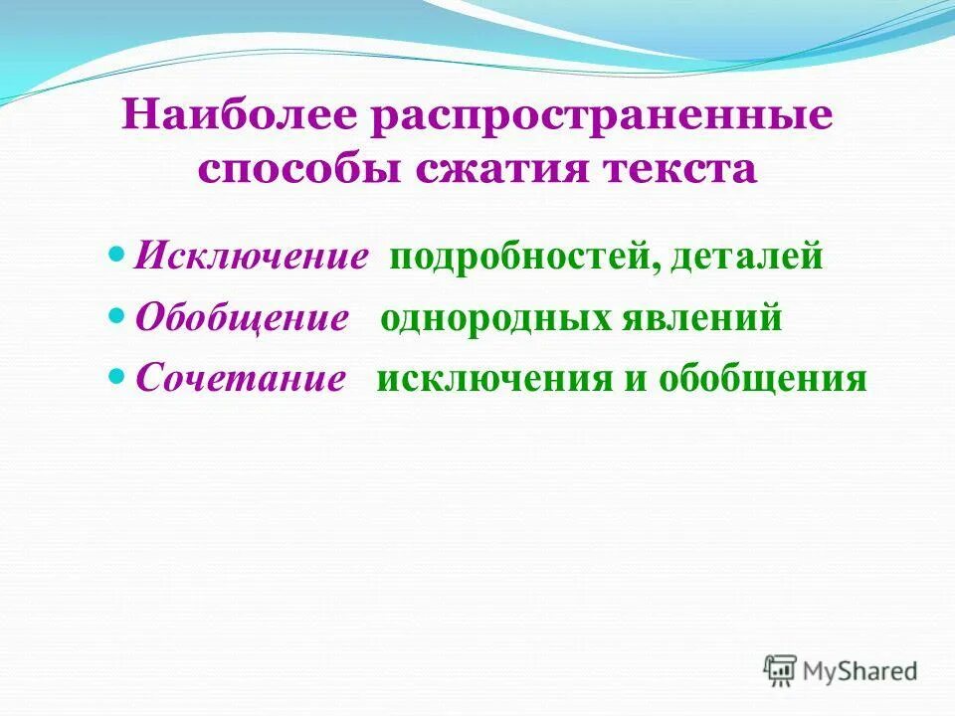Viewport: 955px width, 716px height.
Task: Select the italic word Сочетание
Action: [240, 380]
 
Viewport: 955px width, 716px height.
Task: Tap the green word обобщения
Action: [761, 380]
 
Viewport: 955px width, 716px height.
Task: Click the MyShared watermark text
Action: [861, 671]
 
